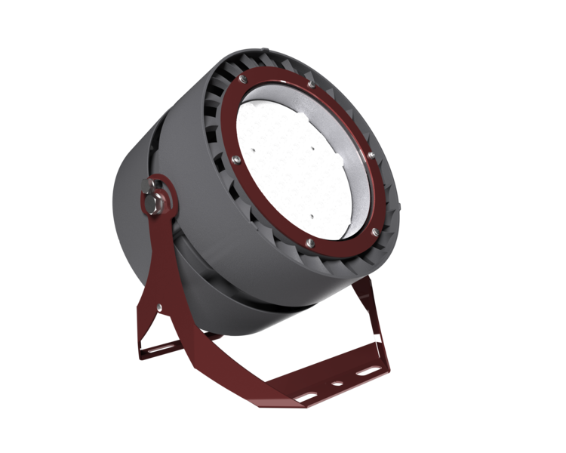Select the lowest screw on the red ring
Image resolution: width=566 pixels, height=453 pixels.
pos(310,242)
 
